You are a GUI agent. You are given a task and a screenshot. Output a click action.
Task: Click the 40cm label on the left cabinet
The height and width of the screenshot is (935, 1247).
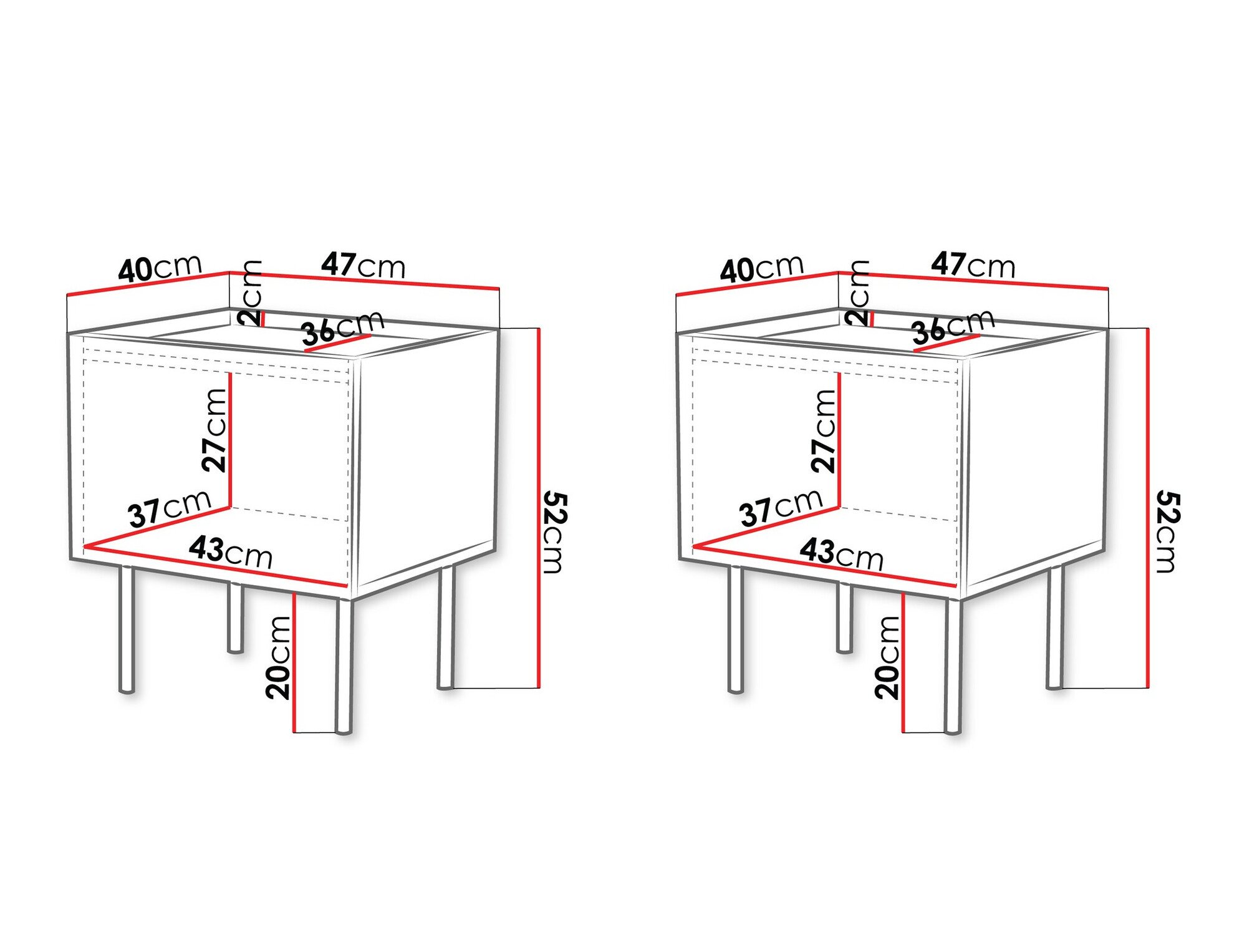160,268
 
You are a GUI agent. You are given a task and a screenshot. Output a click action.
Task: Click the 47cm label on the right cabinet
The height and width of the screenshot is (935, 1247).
973,265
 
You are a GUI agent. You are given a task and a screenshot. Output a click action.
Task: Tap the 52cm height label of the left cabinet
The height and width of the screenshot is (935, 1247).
554,531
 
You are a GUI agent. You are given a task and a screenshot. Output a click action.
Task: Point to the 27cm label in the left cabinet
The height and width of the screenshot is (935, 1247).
214,430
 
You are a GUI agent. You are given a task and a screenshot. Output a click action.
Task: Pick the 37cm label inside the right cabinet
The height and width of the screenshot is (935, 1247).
781,507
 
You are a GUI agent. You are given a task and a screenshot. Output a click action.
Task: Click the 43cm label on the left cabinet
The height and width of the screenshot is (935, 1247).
231,551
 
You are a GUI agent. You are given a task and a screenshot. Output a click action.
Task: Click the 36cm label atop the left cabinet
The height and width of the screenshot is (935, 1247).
342,327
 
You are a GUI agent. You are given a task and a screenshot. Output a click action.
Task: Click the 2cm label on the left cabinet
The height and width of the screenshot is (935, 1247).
251,293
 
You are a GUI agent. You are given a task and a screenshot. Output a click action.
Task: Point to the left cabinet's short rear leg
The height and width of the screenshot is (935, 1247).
235,618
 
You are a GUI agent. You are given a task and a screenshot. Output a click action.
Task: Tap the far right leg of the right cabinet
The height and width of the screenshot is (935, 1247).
1054,627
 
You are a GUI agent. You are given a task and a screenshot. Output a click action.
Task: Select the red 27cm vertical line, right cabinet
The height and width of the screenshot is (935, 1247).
839,440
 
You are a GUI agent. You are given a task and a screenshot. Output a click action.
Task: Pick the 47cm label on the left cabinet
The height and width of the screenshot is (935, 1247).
363,265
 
